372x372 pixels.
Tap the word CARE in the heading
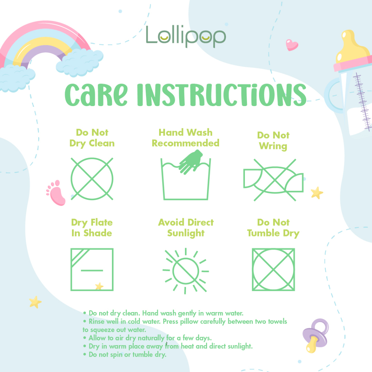tap(96, 94)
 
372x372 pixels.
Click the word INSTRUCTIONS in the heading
tap(222, 94)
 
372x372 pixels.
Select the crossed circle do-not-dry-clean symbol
tap(92, 179)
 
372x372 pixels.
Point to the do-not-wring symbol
tap(274, 180)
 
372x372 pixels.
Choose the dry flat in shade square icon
tap(92, 270)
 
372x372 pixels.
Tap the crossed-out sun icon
tap(186, 271)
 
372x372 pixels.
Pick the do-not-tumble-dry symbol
tap(273, 270)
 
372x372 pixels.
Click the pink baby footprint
tap(56, 193)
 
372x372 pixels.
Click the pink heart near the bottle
tap(292, 45)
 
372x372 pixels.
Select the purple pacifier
tap(316, 335)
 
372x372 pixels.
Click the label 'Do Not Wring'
tap(273, 141)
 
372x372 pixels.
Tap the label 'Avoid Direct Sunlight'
tap(186, 228)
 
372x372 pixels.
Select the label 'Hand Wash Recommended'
tap(186, 138)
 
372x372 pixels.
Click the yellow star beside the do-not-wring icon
tap(317, 193)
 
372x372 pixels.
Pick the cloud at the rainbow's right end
tap(80, 62)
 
